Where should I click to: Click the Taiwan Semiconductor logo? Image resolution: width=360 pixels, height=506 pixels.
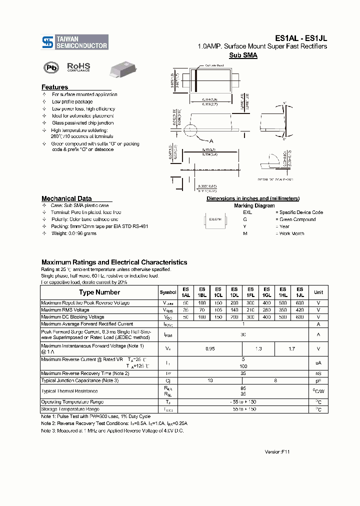(x=74, y=42)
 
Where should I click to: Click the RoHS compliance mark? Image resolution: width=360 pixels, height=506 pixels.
(x=78, y=67)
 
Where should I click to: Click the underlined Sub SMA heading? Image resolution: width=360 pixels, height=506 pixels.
(x=243, y=55)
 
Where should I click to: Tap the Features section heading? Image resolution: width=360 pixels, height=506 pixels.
(x=54, y=87)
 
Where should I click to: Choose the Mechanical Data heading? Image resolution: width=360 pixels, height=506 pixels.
(x=66, y=198)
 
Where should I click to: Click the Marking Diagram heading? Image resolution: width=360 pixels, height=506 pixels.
(x=254, y=205)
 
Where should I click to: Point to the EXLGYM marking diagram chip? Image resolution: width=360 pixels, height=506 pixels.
(x=216, y=219)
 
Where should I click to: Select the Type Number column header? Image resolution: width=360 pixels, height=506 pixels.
(x=99, y=292)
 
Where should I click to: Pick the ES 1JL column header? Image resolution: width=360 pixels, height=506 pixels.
(x=299, y=292)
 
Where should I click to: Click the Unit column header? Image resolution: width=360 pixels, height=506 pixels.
(x=318, y=292)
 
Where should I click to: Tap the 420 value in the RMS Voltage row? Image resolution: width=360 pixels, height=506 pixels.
(x=299, y=310)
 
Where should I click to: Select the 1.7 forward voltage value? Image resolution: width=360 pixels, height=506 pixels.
(x=291, y=348)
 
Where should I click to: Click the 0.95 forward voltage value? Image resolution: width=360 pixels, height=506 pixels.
(x=210, y=348)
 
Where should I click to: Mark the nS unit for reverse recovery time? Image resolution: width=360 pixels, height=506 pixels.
(x=318, y=373)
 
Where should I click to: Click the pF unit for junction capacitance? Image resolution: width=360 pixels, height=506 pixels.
(x=318, y=381)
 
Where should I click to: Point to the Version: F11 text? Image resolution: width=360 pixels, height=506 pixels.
(x=277, y=451)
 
